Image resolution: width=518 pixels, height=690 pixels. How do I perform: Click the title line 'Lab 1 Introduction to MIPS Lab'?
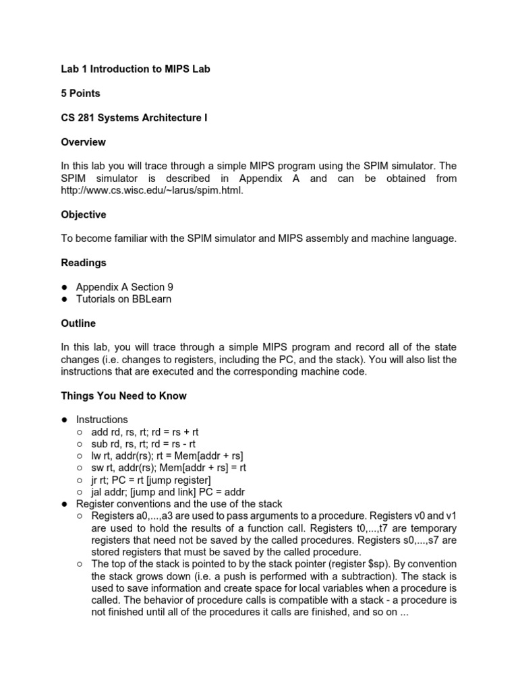tap(136, 69)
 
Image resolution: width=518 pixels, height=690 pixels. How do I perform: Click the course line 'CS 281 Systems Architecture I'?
tap(134, 118)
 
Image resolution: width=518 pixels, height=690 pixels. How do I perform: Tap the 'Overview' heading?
tap(83, 142)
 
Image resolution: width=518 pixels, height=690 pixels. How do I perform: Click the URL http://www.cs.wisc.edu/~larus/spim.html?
tap(151, 191)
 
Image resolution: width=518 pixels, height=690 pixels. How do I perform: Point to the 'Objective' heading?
tap(84, 214)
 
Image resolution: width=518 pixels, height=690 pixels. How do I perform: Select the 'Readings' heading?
tap(84, 263)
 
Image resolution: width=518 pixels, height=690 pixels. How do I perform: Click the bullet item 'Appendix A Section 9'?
tap(124, 287)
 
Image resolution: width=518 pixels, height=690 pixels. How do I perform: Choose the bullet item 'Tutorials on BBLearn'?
tap(123, 299)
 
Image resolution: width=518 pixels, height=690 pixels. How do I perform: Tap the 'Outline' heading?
tap(78, 323)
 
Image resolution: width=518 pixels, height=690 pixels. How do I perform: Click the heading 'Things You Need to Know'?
tap(123, 396)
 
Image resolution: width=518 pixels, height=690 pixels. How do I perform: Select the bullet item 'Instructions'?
tap(102, 420)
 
